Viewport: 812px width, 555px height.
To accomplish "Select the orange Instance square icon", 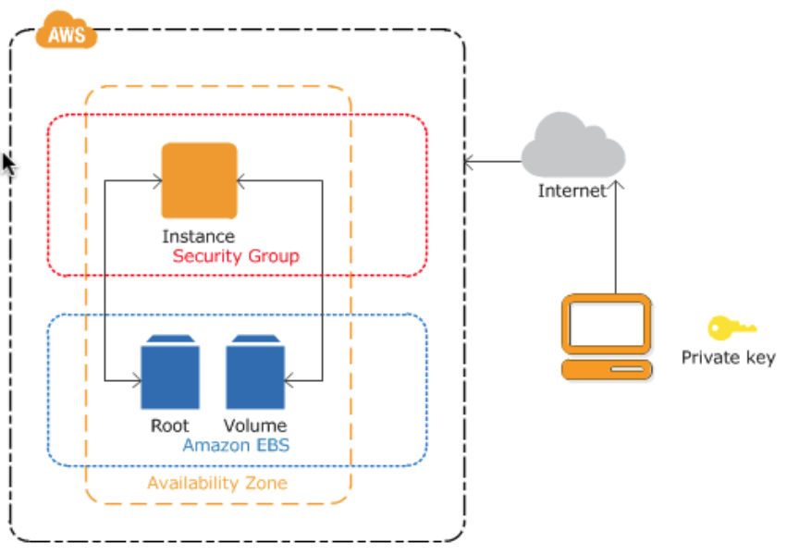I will point(199,179).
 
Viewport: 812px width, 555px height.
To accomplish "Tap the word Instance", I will point(198,237).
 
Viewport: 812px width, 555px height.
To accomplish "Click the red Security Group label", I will point(236,256).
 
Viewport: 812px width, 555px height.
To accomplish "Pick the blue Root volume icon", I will point(169,373).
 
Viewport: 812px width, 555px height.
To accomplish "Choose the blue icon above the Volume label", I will point(255,373).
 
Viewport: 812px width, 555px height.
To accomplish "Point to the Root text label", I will point(169,426).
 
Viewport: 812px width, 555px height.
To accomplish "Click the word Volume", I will point(255,426).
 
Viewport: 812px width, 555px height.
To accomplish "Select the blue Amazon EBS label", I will point(236,445).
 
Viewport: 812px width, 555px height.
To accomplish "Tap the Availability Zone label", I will point(217,484).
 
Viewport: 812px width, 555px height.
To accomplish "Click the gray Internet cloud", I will point(572,148).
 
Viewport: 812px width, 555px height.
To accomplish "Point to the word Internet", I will point(572,191).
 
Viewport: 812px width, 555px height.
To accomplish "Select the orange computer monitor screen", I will point(607,323).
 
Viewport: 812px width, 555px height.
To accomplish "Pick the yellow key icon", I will point(732,327).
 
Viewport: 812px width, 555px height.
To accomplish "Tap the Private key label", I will point(729,358).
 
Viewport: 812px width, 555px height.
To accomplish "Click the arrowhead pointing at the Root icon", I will point(135,380).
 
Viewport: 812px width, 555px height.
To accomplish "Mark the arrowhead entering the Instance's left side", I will point(155,180).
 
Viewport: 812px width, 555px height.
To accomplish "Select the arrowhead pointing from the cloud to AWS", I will point(469,163).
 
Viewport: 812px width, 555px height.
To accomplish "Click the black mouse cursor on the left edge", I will point(8,165).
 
